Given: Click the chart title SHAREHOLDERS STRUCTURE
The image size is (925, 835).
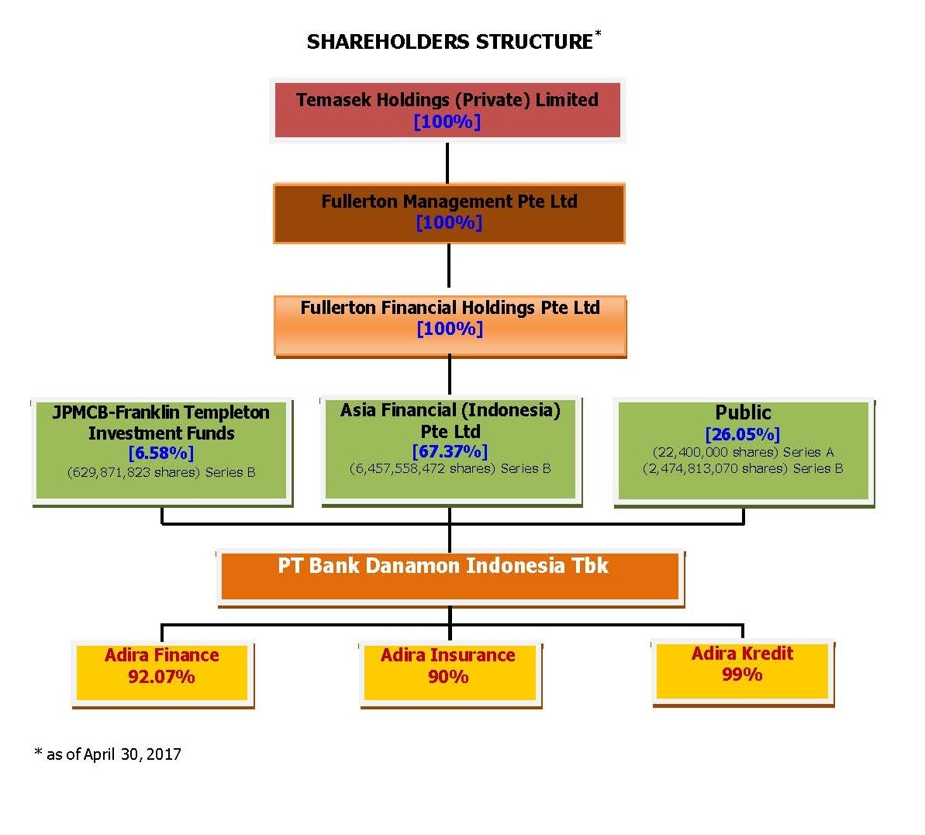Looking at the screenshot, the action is coord(450,42).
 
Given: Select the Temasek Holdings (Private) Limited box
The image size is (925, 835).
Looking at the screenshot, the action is coord(447,110).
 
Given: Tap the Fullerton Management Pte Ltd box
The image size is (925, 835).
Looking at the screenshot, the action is coord(449,213).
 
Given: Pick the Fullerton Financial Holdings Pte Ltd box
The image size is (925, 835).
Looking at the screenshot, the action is coord(450,326).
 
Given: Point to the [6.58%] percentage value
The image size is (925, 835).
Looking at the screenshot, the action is coord(161,453).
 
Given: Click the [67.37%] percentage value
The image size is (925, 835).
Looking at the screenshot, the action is coord(450,451).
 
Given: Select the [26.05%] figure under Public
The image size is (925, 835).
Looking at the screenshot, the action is coord(743,435).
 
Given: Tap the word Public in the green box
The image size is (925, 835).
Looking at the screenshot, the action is coord(743,412).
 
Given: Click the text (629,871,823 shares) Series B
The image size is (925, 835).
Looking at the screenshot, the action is coord(161,472).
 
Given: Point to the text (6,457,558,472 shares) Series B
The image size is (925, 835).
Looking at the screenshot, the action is coord(450,469).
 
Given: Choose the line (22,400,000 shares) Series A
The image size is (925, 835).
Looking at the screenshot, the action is coord(743,452).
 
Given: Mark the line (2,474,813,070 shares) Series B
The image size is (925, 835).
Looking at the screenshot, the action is coord(743,469).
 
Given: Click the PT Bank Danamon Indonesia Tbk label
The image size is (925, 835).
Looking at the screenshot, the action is coord(443,565).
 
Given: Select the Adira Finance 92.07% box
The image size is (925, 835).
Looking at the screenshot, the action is coord(162,674).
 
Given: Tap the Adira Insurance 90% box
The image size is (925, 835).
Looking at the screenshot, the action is coord(450,674).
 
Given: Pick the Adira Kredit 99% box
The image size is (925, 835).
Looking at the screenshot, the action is coord(743,672).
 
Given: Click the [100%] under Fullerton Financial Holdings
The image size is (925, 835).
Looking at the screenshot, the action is coord(450,329).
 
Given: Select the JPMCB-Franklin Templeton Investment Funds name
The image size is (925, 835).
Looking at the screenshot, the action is coord(161,423).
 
